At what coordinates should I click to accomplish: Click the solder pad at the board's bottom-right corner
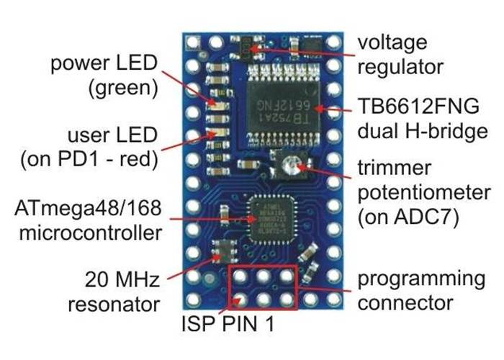tap(333, 300)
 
